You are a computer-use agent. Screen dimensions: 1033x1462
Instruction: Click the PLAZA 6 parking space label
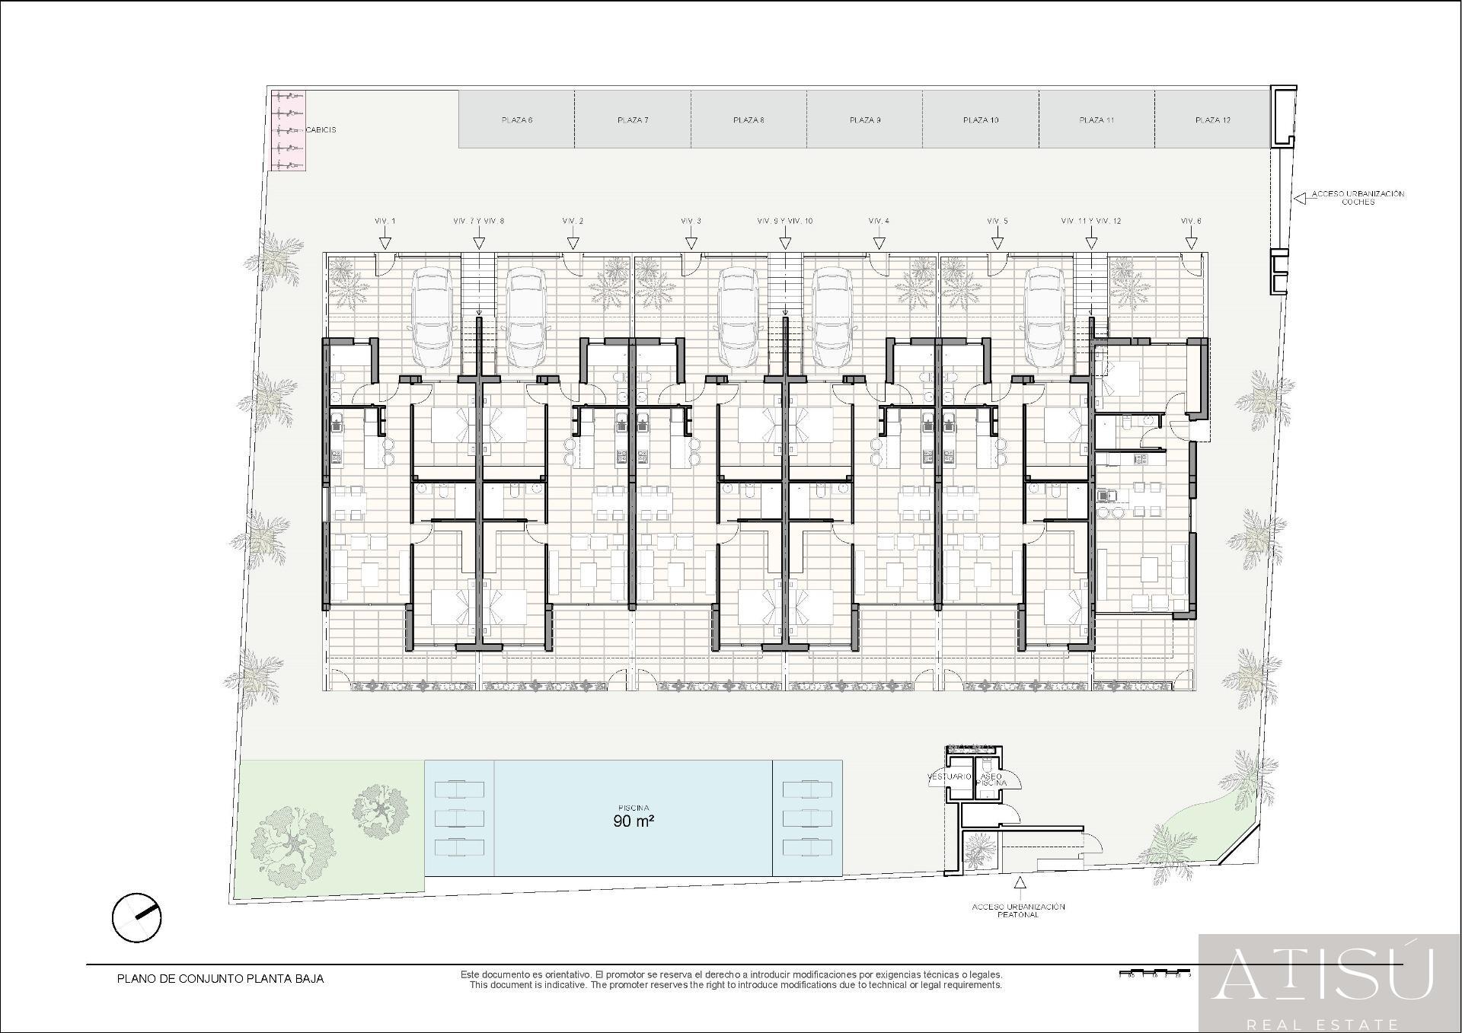point(516,120)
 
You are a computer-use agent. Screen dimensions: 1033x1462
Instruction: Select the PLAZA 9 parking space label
point(865,120)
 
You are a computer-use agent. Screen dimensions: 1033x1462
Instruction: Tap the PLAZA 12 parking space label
point(1212,120)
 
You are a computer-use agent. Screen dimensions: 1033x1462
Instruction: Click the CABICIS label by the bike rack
point(321,130)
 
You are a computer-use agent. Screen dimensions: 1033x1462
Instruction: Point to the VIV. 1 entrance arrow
point(385,243)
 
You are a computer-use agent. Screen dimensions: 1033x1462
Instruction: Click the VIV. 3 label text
point(691,221)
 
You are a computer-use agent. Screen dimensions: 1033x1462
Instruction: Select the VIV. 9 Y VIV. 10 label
point(784,221)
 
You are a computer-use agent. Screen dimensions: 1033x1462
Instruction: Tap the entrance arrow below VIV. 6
point(1191,243)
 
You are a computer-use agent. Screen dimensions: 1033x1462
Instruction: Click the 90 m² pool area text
point(634,821)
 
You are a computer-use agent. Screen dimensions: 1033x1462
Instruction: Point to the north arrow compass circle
point(137,917)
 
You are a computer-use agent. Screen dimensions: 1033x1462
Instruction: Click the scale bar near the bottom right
point(1154,974)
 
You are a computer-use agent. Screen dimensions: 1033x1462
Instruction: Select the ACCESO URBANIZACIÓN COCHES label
point(1358,198)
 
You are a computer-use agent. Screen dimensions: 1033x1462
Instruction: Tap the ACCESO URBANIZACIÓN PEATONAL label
point(1018,910)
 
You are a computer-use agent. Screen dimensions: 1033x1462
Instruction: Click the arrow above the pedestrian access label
point(1019,883)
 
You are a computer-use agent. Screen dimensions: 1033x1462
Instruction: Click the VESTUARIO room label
point(949,777)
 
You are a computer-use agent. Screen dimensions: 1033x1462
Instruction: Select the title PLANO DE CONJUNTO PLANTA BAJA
point(220,979)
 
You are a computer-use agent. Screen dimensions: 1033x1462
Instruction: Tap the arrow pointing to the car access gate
point(1299,198)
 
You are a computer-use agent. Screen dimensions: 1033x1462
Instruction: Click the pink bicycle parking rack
point(289,130)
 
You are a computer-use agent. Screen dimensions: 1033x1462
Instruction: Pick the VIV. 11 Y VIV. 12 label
point(1090,221)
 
